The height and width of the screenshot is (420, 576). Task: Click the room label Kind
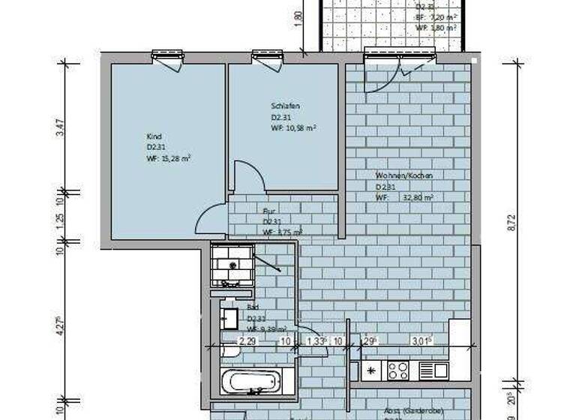[x=154, y=136]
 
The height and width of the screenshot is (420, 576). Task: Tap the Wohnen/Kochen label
[x=405, y=175]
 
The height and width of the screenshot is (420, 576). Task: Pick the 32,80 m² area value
[x=418, y=197]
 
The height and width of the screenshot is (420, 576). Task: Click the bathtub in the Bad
[x=252, y=381]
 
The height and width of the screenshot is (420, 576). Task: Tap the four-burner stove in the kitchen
[x=398, y=370]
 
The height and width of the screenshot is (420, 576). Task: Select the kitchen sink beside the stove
[x=433, y=370]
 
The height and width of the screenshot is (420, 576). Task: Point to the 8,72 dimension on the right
[x=512, y=224]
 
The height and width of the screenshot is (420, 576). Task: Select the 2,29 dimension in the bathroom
[x=247, y=342]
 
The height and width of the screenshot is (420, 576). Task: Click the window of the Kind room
[x=166, y=55]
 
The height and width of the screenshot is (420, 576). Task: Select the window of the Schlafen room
[x=267, y=55]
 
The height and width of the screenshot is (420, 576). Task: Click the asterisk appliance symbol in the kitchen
[x=370, y=370]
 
